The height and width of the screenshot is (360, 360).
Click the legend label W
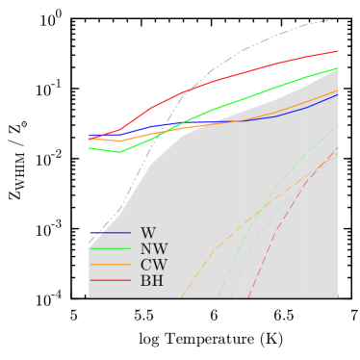(x=147, y=233)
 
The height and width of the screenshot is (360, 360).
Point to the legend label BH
(x=152, y=281)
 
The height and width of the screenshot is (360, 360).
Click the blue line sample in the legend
(x=110, y=233)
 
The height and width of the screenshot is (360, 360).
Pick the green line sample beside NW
(x=110, y=249)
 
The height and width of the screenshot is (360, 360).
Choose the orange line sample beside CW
(x=110, y=265)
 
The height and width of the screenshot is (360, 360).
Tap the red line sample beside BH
(x=110, y=281)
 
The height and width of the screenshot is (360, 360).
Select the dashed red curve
(x=279, y=226)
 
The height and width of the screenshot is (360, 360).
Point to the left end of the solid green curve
(x=90, y=148)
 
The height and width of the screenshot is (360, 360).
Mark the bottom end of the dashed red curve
(x=248, y=296)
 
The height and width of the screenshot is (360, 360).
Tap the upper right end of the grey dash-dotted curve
(x=333, y=20)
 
